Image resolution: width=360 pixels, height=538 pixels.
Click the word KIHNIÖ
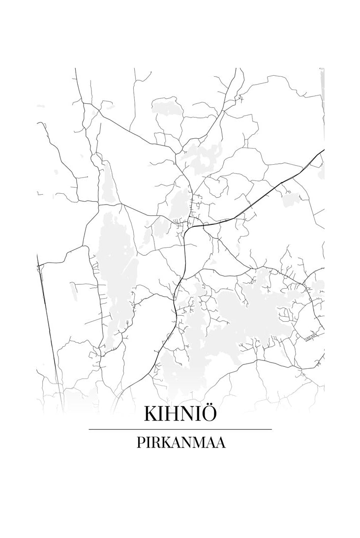tap(180, 414)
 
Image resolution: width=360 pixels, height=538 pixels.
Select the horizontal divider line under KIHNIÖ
tap(180, 429)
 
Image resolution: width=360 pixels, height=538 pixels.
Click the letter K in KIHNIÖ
tap(150, 414)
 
